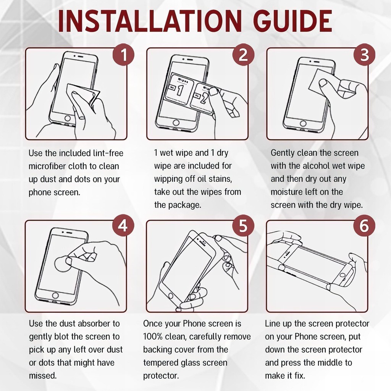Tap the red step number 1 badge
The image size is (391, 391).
click(x=124, y=55)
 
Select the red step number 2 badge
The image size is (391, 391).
click(x=243, y=55)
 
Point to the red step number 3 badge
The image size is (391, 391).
click(x=364, y=55)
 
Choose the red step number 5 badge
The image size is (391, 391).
click(x=243, y=226)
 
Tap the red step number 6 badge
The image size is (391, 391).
click(x=364, y=226)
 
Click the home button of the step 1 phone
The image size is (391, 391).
click(x=67, y=118)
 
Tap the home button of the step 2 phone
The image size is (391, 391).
click(x=176, y=123)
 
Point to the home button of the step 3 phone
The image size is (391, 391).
click(x=303, y=123)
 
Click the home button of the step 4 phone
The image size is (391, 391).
click(x=55, y=296)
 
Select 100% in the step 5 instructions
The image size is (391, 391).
click(x=153, y=337)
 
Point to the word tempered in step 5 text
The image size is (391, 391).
click(x=161, y=363)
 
